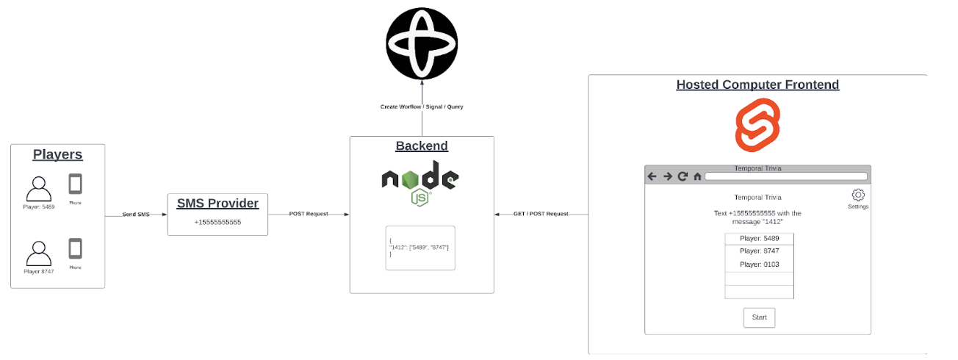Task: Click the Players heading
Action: pos(57,155)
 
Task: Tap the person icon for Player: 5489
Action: pos(39,189)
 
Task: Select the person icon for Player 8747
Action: pos(39,253)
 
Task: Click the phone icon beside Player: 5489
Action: pos(75,184)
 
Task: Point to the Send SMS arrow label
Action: pos(136,214)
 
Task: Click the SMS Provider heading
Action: pos(217,203)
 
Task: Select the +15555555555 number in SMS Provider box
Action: pos(217,222)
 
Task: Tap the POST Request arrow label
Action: pos(309,214)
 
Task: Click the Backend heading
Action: pos(422,145)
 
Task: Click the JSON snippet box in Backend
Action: pos(420,248)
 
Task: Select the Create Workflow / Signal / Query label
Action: pos(422,107)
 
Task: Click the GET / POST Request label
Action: pos(541,214)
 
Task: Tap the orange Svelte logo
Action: pos(757,126)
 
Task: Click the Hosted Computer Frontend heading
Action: pos(757,84)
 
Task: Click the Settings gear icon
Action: pos(858,195)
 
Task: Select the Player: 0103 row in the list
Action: pos(760,264)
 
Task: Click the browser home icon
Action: pos(697,176)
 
